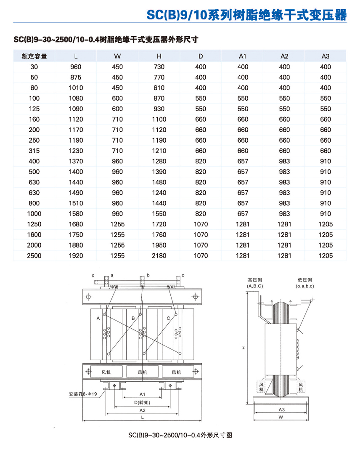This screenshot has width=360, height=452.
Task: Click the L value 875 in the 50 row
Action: click(76, 77)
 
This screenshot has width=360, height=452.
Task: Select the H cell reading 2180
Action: click(159, 256)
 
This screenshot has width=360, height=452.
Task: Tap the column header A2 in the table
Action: click(284, 56)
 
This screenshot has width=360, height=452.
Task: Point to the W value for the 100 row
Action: click(117, 98)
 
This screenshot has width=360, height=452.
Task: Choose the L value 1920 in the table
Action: click(76, 256)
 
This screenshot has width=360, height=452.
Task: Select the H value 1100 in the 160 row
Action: click(159, 120)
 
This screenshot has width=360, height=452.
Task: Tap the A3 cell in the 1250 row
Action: click(326, 224)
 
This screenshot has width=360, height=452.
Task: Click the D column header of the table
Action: click(201, 56)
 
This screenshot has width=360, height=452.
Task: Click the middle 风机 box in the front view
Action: click(143, 372)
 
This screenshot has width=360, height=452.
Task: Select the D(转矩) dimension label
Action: click(142, 402)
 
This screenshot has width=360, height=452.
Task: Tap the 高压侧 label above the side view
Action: click(255, 280)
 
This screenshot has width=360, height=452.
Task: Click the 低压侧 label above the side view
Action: click(304, 280)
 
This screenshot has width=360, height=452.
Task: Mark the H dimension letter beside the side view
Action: click(243, 348)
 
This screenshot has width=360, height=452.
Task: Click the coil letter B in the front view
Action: click(133, 319)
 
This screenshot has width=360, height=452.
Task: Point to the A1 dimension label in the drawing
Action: click(142, 394)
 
